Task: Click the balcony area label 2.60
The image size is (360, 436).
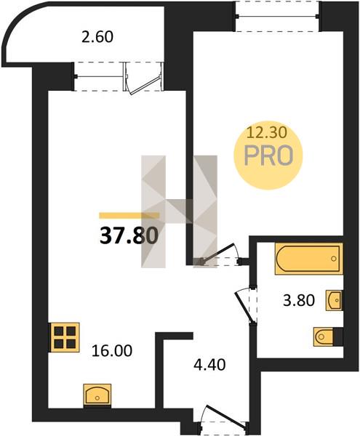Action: click(97, 37)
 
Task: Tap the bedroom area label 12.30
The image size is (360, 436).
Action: click(267, 134)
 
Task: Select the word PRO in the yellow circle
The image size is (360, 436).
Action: click(268, 156)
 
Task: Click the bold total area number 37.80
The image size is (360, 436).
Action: click(129, 235)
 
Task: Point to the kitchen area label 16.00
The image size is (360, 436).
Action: click(112, 351)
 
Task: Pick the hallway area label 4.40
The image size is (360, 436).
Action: click(209, 365)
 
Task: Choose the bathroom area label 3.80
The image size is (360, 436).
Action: click(299, 300)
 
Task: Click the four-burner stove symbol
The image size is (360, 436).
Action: click(65, 338)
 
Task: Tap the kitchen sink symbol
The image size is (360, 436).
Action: click(97, 395)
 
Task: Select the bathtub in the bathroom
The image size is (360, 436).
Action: click(308, 259)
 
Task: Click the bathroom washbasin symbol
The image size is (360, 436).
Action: click(334, 300)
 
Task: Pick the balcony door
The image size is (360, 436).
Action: click(143, 78)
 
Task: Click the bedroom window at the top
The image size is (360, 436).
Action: click(277, 16)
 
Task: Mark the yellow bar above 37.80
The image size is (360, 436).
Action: click(129, 216)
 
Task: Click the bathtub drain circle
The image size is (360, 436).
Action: click(334, 259)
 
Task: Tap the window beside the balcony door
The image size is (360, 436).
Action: click(99, 76)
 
